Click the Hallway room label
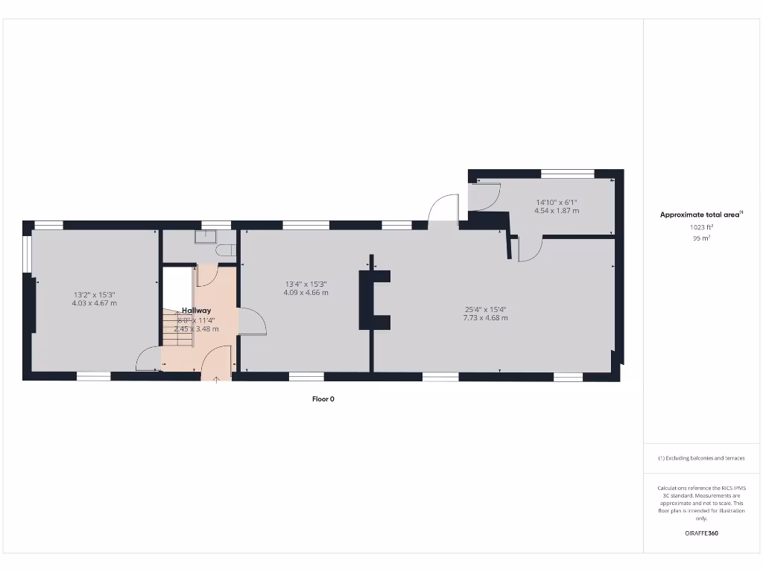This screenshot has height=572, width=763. tap(197, 311)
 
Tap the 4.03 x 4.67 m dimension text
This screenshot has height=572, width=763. tap(94, 303)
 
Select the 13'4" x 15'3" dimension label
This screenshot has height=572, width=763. tap(305, 284)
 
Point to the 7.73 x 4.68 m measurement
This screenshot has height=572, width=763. tap(485, 318)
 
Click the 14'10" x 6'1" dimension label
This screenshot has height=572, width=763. tap(557, 202)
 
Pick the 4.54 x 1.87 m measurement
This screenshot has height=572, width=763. tap(557, 211)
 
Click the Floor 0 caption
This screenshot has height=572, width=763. tap(323, 399)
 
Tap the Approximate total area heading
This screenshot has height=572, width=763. tap(700, 214)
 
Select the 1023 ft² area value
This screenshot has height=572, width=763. tap(700, 227)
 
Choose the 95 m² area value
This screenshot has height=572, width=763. tap(700, 238)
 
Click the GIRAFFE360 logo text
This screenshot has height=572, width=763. tap(700, 533)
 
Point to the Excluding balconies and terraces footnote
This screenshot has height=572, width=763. tap(700, 458)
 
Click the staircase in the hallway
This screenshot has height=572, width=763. tap(178, 328)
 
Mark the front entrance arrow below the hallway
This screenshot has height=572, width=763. tap(217, 380)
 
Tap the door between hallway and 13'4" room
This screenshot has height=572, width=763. tap(251, 322)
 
